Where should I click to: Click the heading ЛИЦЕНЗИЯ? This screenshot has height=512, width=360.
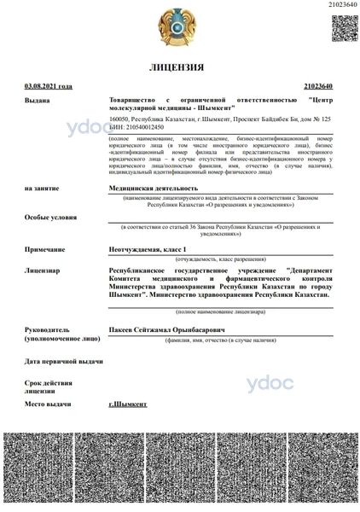coord(177,67)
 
